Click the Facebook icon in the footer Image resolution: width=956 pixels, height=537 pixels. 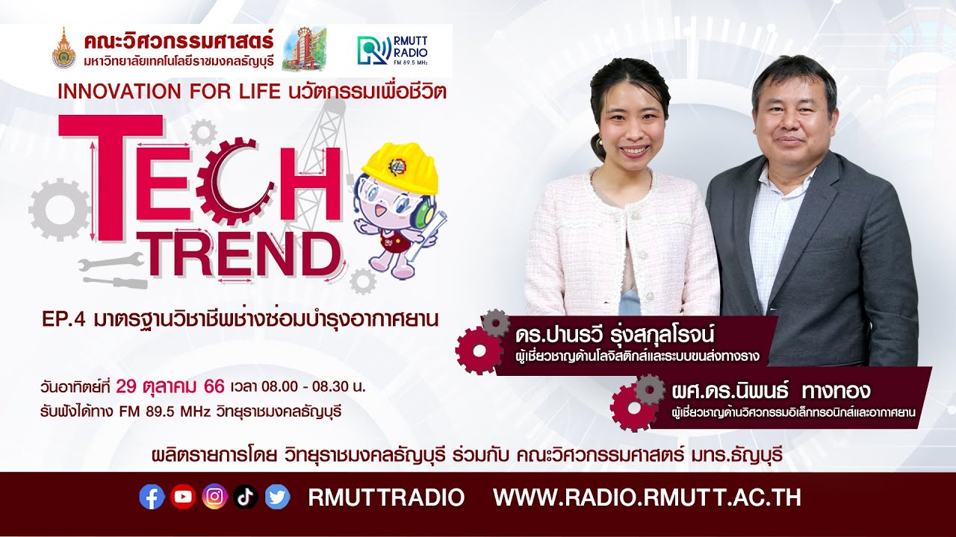click(x=152, y=497)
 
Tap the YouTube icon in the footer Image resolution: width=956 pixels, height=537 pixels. click(x=183, y=497)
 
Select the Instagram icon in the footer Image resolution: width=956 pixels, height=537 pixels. click(x=214, y=497)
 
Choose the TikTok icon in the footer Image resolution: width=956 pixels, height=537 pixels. click(x=246, y=497)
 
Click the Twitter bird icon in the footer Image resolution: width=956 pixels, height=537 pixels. click(x=277, y=497)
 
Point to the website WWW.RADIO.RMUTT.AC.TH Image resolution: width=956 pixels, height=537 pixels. click(x=647, y=497)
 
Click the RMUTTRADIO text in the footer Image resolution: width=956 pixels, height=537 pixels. click(x=386, y=497)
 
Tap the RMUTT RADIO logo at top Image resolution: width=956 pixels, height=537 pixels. click(x=394, y=50)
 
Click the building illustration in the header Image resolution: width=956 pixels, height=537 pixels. click(x=303, y=48)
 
